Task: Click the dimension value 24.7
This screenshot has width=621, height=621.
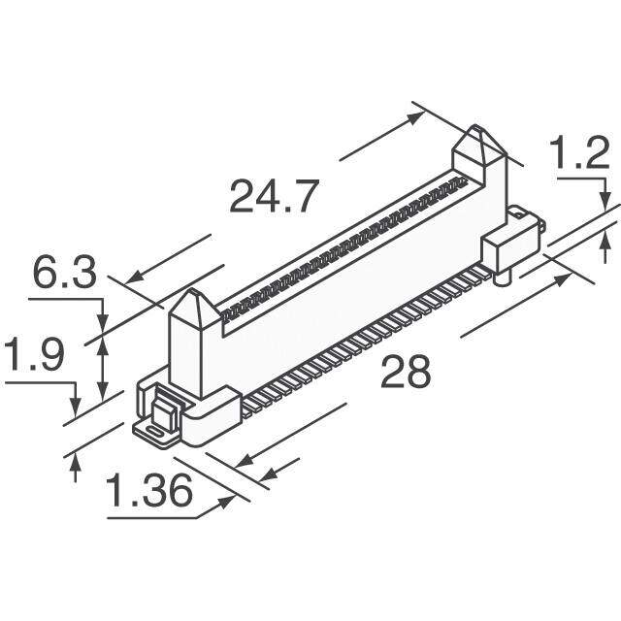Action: coord(275,197)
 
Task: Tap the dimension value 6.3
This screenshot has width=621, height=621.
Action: coord(65,273)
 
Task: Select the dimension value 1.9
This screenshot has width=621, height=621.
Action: coord(34,354)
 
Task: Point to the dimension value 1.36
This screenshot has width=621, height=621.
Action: coord(149,491)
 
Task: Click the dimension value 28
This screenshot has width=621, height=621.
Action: coord(406,373)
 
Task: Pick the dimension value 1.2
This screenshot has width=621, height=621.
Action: coord(580,153)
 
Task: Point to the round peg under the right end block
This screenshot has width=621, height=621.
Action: coord(503,277)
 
